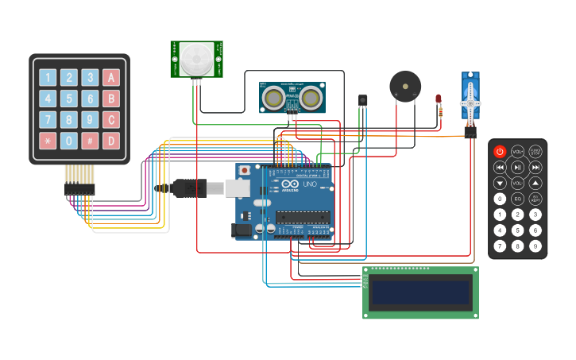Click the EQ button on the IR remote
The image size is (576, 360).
pyautogui.click(x=517, y=199)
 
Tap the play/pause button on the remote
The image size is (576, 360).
pyautogui.click(x=517, y=167)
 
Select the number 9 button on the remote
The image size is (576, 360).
pyautogui.click(x=535, y=246)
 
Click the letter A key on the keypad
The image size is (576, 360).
pyautogui.click(x=111, y=77)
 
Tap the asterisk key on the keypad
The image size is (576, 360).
pyautogui.click(x=48, y=141)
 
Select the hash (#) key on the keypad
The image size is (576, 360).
pyautogui.click(x=90, y=141)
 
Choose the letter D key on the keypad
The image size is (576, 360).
pyautogui.click(x=111, y=141)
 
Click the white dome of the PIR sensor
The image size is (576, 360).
pyautogui.click(x=196, y=59)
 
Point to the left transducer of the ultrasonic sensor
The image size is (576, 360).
pyautogui.click(x=274, y=98)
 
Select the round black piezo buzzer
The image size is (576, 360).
pyautogui.click(x=404, y=86)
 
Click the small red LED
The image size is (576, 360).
pyautogui.click(x=438, y=99)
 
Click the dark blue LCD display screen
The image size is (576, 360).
pyautogui.click(x=420, y=293)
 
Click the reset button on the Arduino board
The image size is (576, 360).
pyautogui.click(x=245, y=170)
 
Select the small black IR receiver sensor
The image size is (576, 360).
pyautogui.click(x=363, y=99)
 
